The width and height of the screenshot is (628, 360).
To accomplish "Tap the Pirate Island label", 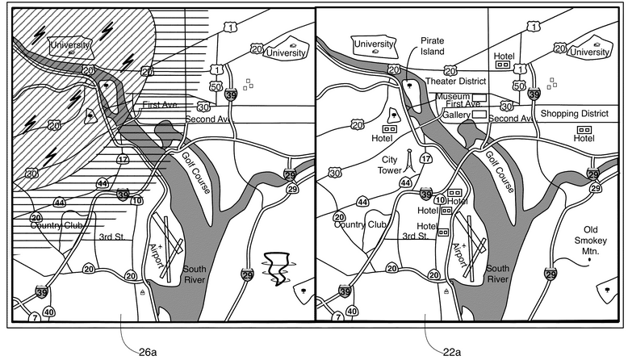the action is [432, 46].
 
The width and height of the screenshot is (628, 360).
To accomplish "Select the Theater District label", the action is [456, 82].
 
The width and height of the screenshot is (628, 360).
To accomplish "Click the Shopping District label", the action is [575, 114].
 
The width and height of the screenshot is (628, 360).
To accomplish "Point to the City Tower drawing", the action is [409, 161].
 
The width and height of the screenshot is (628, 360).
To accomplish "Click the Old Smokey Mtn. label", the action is [590, 241].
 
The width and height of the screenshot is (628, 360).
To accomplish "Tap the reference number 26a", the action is [148, 353].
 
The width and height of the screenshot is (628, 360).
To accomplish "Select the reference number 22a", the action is [452, 353].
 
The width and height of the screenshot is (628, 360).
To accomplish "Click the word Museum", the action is [453, 97].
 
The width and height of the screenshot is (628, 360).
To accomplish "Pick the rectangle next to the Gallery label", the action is [479, 115].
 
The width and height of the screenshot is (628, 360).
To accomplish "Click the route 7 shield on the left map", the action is [36, 318].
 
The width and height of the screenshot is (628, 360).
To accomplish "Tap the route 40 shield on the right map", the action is [352, 311].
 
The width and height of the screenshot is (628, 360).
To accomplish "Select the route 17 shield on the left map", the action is [123, 159].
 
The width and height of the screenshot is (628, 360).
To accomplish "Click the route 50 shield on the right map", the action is [519, 86].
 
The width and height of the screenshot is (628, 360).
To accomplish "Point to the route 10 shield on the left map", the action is [136, 201].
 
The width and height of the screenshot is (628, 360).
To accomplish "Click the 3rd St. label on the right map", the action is [416, 236].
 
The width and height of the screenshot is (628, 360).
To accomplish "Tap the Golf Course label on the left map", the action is [196, 172].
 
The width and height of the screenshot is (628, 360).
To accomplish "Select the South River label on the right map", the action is [498, 274].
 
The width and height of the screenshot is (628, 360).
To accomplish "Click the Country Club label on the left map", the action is [57, 225].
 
